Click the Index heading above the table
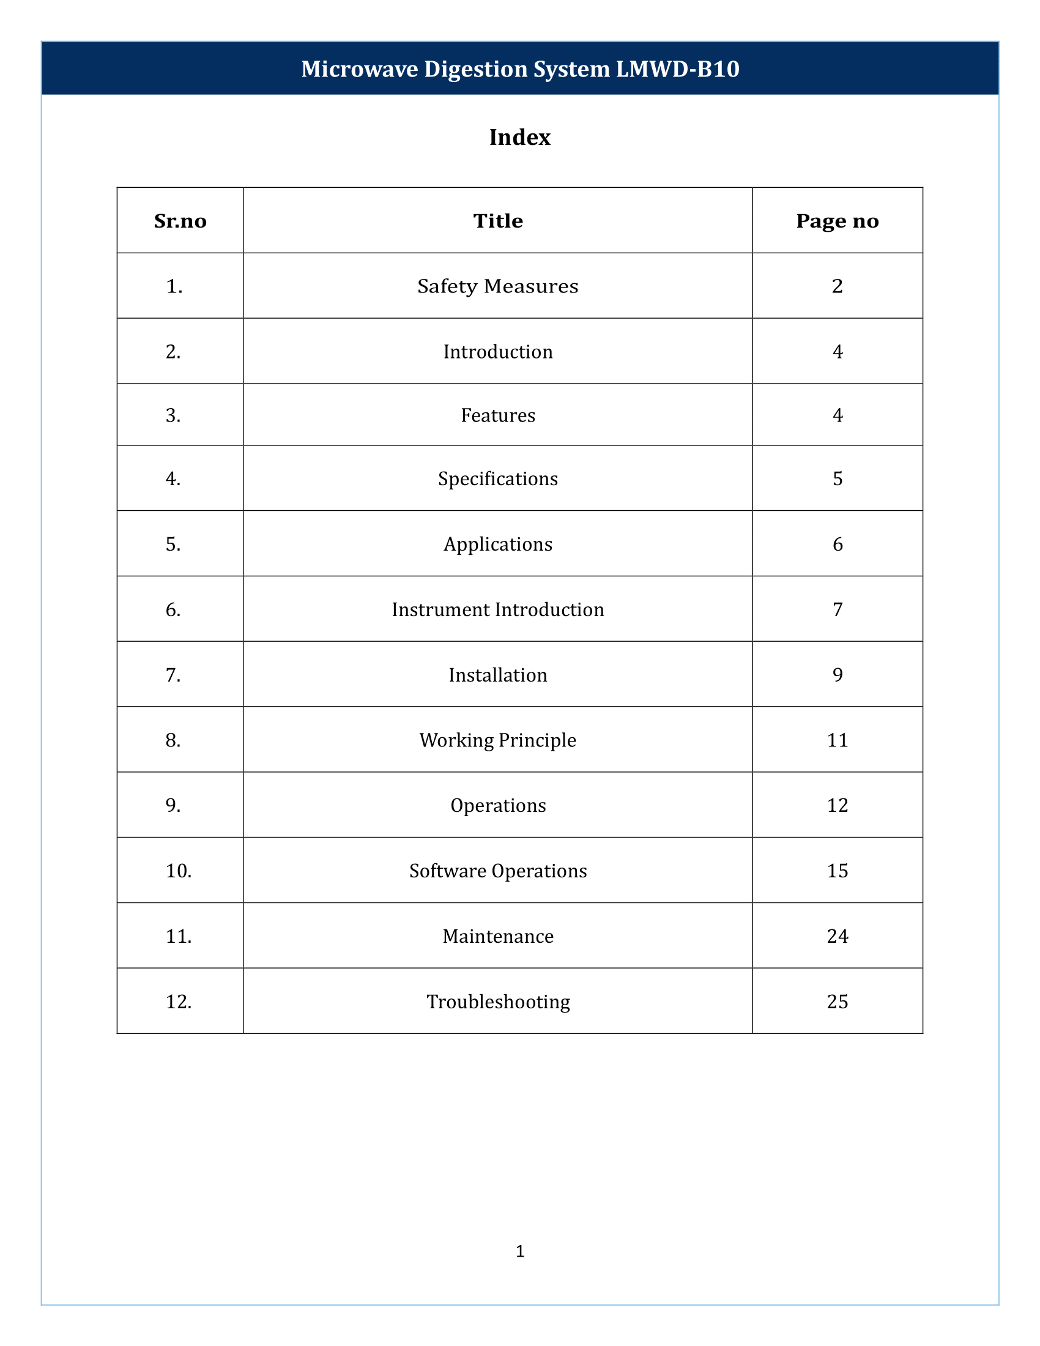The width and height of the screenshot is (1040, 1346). click(519, 138)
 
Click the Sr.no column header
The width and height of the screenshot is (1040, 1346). click(180, 221)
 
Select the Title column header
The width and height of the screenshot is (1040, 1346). click(498, 221)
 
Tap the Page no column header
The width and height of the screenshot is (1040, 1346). click(838, 221)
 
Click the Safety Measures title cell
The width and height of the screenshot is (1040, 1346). click(498, 286)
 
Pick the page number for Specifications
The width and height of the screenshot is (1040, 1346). click(838, 479)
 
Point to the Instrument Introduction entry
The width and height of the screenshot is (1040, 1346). click(498, 609)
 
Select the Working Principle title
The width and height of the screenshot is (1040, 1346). click(498, 740)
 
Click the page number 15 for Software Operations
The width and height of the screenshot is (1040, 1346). click(838, 871)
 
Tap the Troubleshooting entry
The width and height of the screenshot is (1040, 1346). click(498, 1002)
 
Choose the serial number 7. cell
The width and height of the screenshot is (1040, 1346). click(173, 675)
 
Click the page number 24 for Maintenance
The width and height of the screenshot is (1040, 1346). click(838, 936)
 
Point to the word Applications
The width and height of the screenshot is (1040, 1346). click(498, 544)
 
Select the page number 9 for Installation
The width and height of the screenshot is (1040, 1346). click(838, 675)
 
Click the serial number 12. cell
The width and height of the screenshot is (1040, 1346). click(179, 1002)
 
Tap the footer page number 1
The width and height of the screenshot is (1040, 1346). click(520, 1251)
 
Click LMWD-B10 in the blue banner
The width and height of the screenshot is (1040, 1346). click(678, 69)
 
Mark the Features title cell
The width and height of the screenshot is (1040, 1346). click(498, 415)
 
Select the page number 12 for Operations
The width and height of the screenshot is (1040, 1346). click(838, 806)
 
